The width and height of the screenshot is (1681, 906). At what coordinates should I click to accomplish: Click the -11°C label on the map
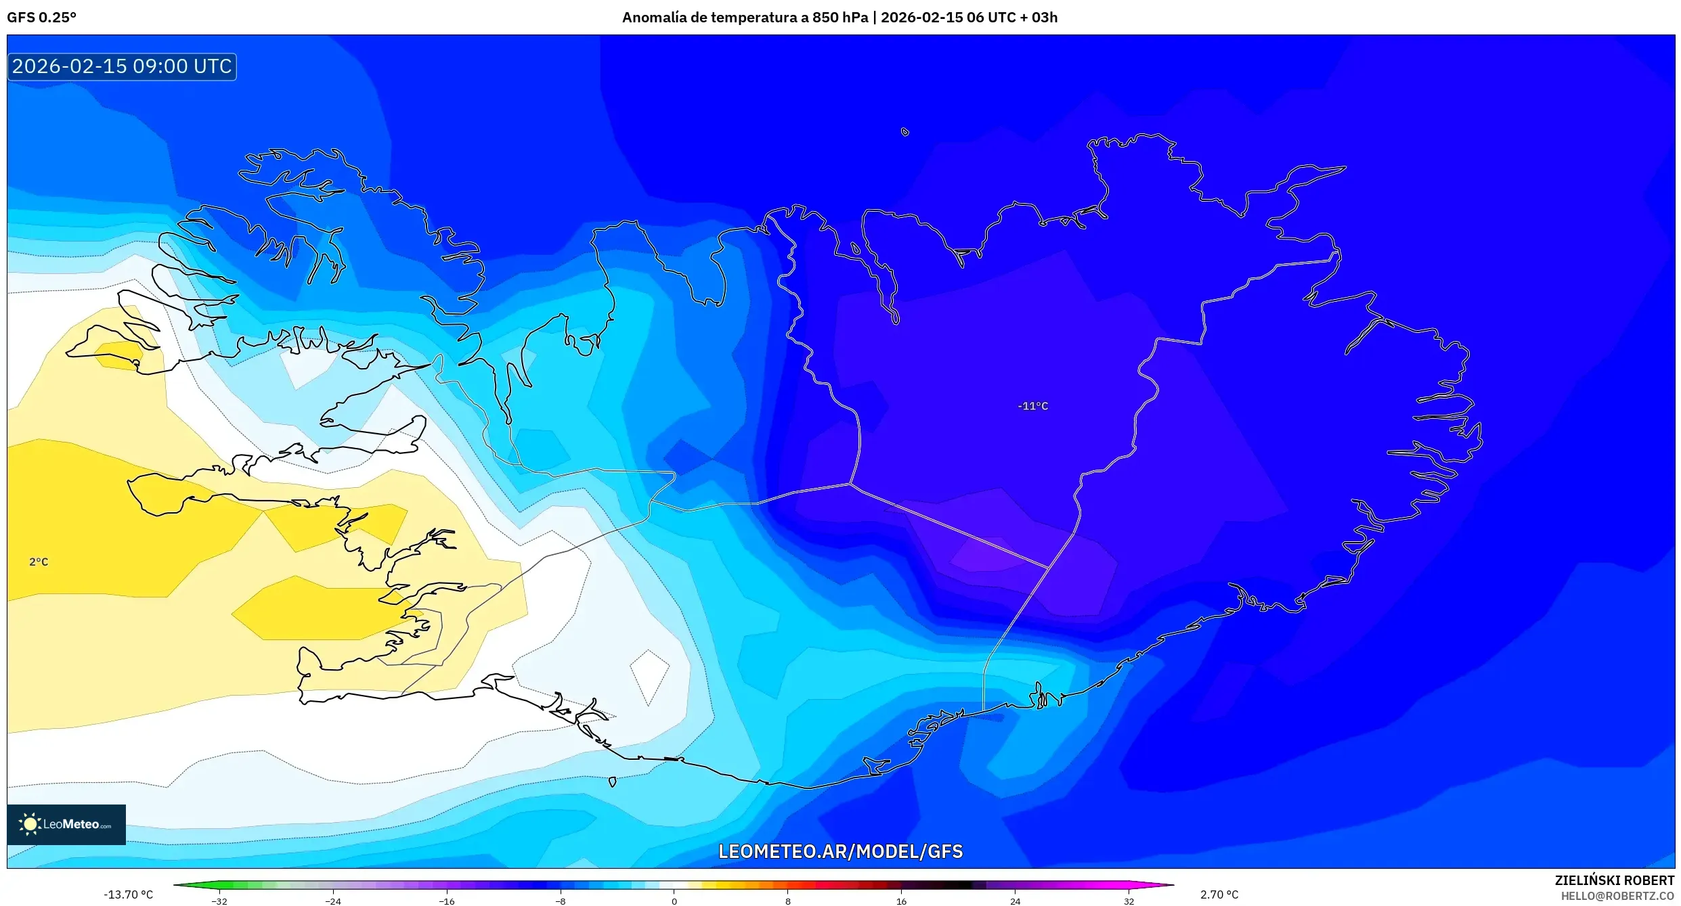[x=1032, y=406]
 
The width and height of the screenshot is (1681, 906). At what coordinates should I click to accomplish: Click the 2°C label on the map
[x=39, y=562]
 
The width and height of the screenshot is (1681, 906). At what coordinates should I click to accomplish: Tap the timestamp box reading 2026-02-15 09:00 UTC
[x=122, y=66]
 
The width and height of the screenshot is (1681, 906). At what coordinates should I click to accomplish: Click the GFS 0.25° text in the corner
[x=42, y=18]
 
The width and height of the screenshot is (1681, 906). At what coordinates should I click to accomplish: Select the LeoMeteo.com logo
[x=66, y=824]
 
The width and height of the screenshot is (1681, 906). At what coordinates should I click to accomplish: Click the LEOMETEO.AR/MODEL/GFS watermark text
[x=840, y=851]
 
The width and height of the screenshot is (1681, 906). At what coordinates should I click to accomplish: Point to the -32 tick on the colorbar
[x=219, y=901]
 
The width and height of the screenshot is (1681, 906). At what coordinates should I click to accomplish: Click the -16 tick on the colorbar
[x=447, y=901]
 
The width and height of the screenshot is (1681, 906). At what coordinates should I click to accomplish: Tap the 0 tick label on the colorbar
[x=674, y=901]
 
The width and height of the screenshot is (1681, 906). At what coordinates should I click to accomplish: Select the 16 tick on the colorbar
[x=901, y=901]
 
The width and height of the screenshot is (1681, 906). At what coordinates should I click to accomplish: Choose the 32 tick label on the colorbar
[x=1129, y=901]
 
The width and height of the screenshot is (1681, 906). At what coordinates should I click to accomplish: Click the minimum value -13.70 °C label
[x=128, y=894]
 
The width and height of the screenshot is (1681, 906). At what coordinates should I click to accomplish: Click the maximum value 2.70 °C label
[x=1219, y=894]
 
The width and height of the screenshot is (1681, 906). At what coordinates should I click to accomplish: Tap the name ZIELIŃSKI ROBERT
[x=1614, y=880]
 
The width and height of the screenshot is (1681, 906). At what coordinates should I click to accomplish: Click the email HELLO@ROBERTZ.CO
[x=1617, y=896]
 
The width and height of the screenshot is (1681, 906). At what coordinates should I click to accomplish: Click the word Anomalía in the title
[x=654, y=18]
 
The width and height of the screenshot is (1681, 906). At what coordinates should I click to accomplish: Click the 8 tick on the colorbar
[x=787, y=901]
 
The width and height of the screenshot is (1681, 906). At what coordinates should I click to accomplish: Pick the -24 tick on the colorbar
[x=333, y=901]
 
